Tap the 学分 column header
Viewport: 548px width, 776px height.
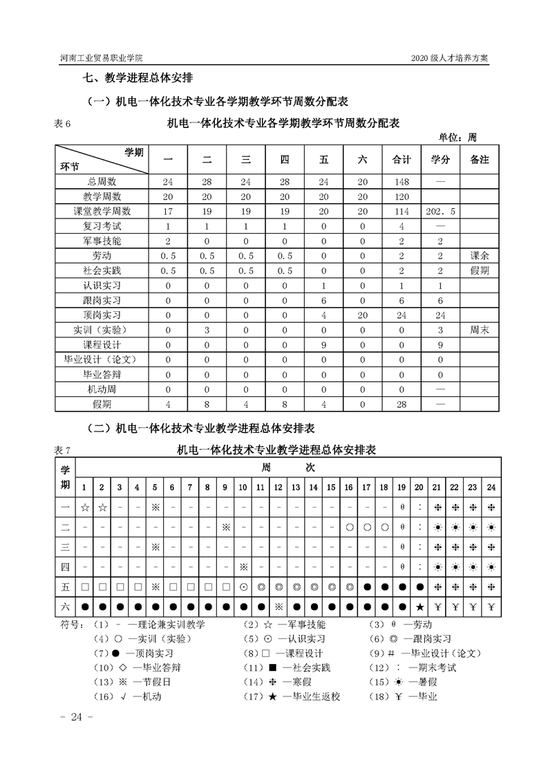coord(440,160)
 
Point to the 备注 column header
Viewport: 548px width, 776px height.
coord(479,160)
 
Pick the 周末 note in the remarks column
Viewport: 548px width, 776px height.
coord(479,330)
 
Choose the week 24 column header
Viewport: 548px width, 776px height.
coord(491,487)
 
